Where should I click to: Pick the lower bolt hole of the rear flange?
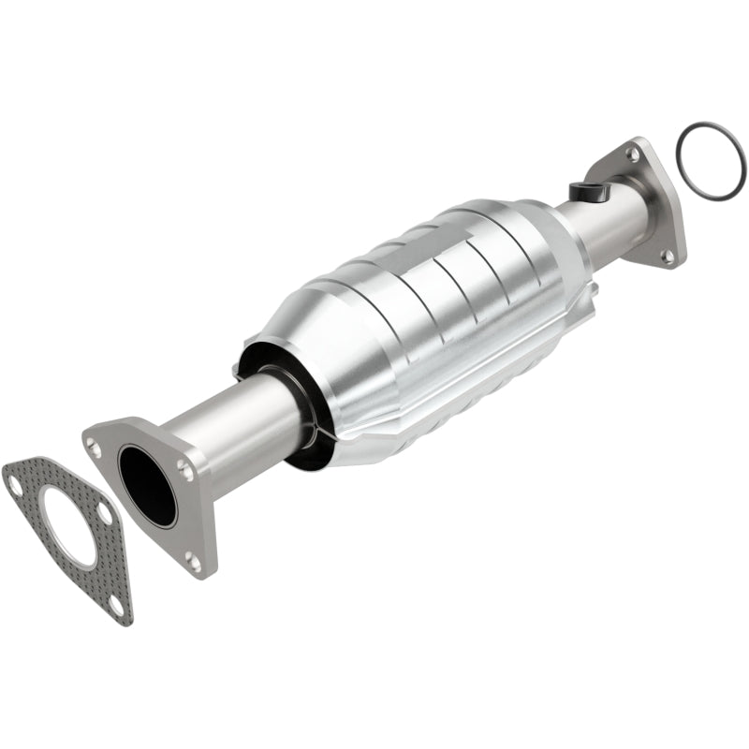(667, 254)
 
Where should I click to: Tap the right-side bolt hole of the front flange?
(186, 474)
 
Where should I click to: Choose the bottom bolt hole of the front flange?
(192, 561)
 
